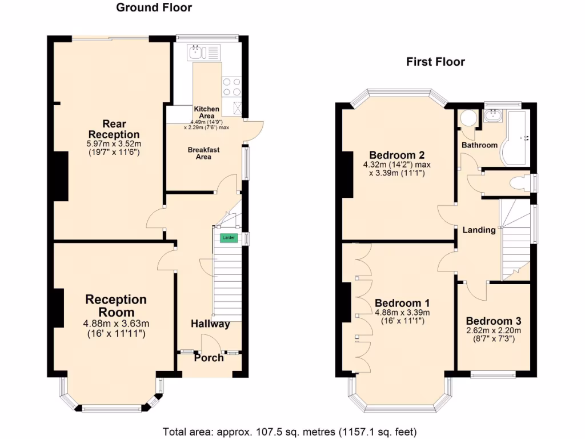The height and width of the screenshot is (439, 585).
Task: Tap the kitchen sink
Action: (x=197, y=52)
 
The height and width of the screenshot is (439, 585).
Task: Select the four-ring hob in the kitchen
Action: (x=231, y=86)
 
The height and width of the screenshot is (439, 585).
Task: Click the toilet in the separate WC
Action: (x=519, y=183)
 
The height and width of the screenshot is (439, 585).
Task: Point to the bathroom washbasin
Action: (x=491, y=116)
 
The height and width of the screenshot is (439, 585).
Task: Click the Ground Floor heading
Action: (x=154, y=7)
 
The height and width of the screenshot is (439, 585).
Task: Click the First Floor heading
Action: (x=435, y=62)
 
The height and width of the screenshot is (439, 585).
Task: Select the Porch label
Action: (x=209, y=358)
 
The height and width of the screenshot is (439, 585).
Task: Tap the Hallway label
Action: (x=210, y=324)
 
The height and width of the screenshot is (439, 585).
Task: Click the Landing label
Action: (x=479, y=230)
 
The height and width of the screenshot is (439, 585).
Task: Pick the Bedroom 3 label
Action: (x=493, y=321)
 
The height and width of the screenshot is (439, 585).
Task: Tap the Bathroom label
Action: (x=479, y=145)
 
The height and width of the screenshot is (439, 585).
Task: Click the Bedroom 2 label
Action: (x=396, y=155)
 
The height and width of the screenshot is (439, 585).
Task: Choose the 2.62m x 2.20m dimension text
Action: (x=493, y=330)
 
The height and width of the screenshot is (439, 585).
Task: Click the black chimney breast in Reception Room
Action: (x=58, y=308)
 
